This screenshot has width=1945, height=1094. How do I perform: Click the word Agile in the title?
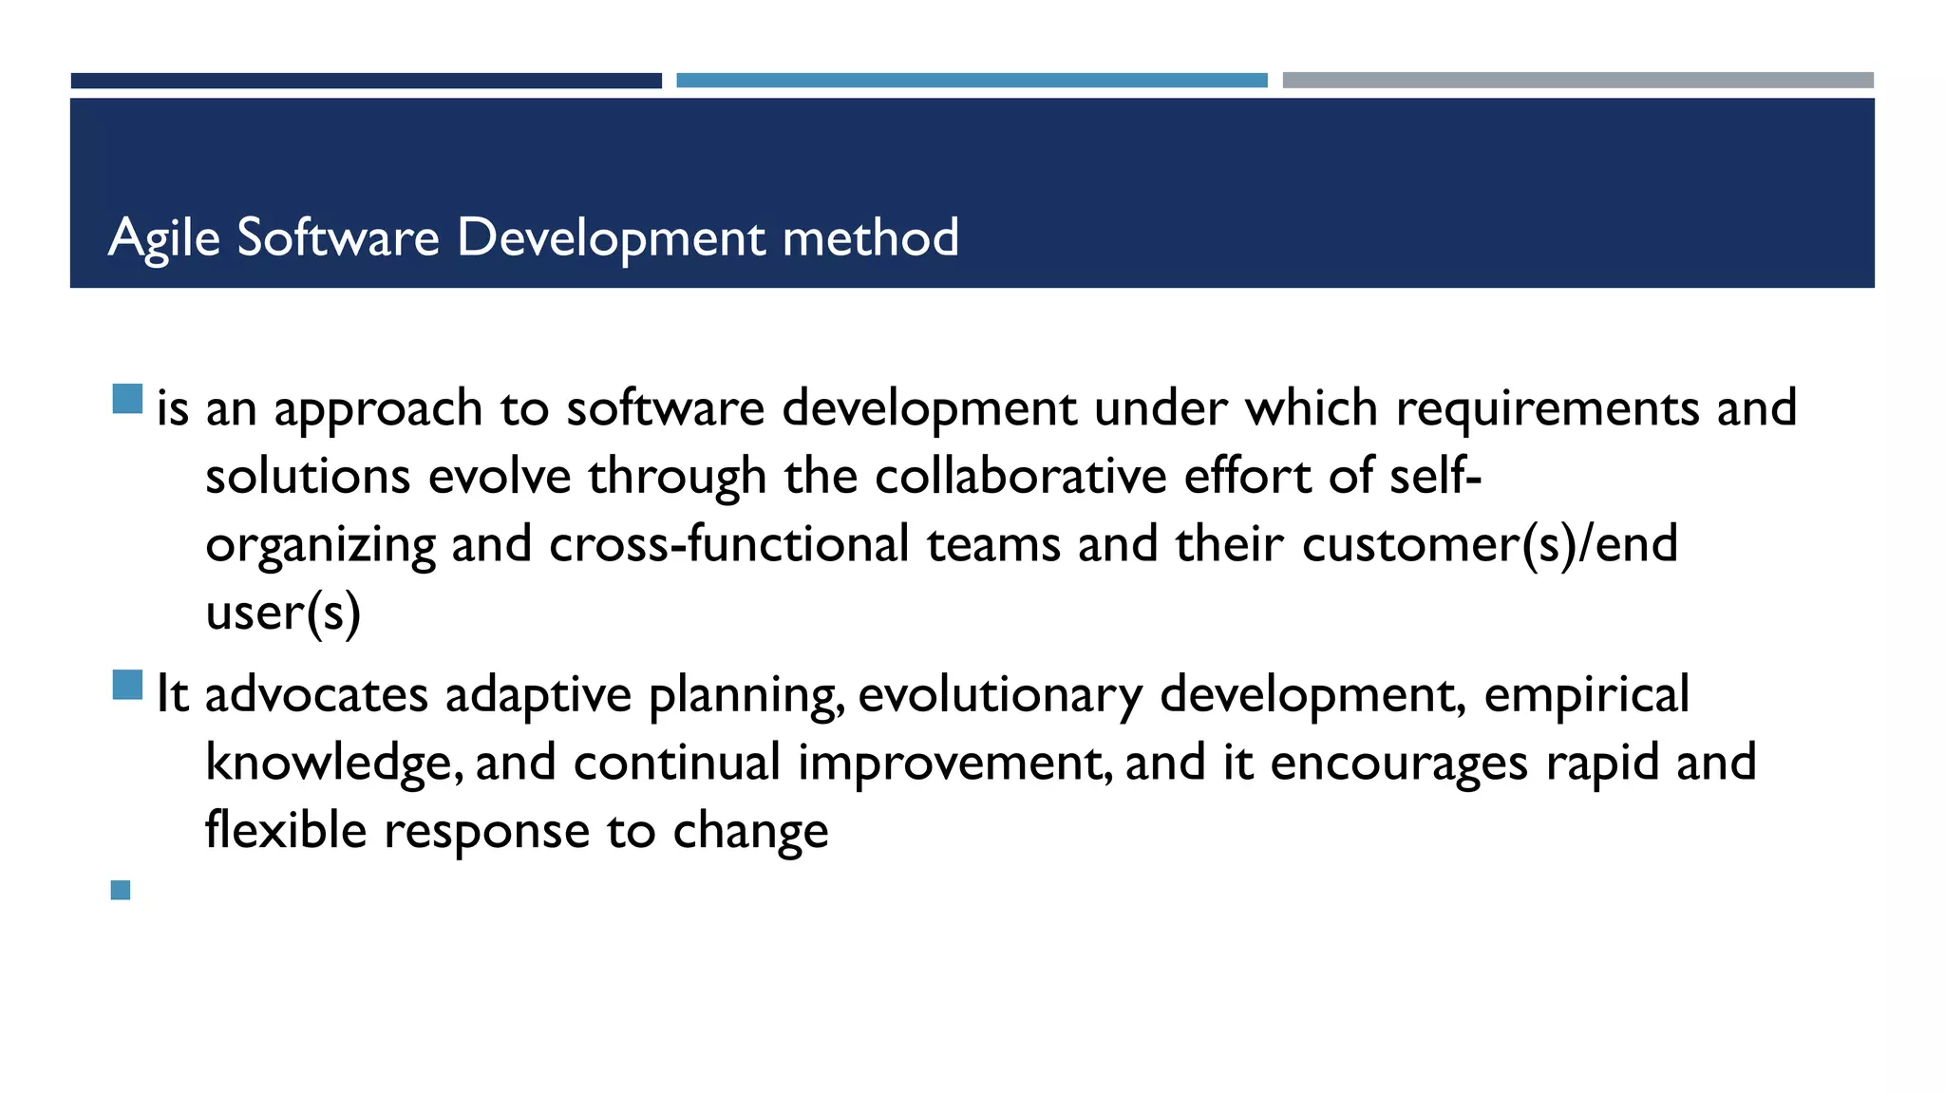point(164,237)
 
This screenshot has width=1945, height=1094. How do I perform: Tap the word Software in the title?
point(338,237)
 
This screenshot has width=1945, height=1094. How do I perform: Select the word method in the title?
point(870,237)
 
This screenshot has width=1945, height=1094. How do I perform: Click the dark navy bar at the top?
point(366,81)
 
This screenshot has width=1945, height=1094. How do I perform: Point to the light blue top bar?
point(972,81)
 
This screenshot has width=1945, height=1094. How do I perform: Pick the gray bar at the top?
point(1577,81)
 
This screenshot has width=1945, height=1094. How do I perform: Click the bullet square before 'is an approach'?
point(127,399)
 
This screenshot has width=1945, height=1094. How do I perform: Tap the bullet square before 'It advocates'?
point(127,685)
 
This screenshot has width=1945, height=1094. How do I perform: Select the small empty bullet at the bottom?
point(121,891)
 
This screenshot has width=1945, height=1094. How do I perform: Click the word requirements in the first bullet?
point(1547,409)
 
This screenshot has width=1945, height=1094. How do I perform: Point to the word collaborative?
point(1020,477)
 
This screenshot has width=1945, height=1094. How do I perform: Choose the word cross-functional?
point(729,545)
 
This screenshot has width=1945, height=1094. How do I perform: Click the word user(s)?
point(283,613)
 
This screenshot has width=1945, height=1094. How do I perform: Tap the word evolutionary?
point(1000,695)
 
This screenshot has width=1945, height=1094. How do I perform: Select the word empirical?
point(1586,695)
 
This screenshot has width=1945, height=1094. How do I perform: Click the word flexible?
point(286,832)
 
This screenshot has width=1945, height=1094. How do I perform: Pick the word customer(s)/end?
point(1489,545)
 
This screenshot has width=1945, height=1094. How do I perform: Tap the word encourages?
point(1399,764)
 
